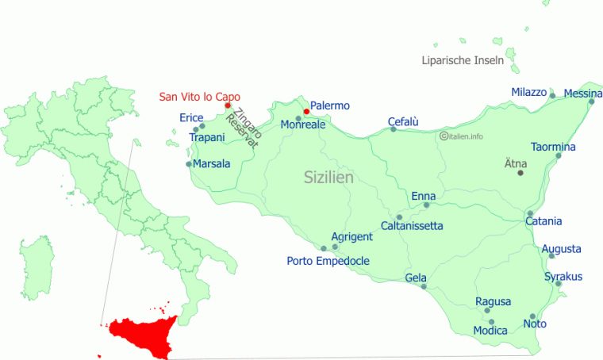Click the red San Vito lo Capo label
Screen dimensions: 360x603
[200, 97]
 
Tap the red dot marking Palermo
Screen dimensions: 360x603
[306, 112]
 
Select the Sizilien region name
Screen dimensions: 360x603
[328, 178]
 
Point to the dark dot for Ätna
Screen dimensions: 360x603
[520, 173]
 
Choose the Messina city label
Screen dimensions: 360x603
[583, 94]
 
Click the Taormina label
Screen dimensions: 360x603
[554, 147]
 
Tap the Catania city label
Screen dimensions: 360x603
[543, 221]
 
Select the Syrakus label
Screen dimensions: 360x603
[563, 277]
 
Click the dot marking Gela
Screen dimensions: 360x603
[423, 286]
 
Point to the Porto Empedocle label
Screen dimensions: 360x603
[328, 261]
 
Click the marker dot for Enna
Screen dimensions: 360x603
[426, 205]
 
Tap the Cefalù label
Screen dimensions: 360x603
[403, 121]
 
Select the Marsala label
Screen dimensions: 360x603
[211, 164]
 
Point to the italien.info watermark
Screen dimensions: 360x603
[461, 136]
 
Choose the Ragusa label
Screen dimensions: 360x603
[493, 301]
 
